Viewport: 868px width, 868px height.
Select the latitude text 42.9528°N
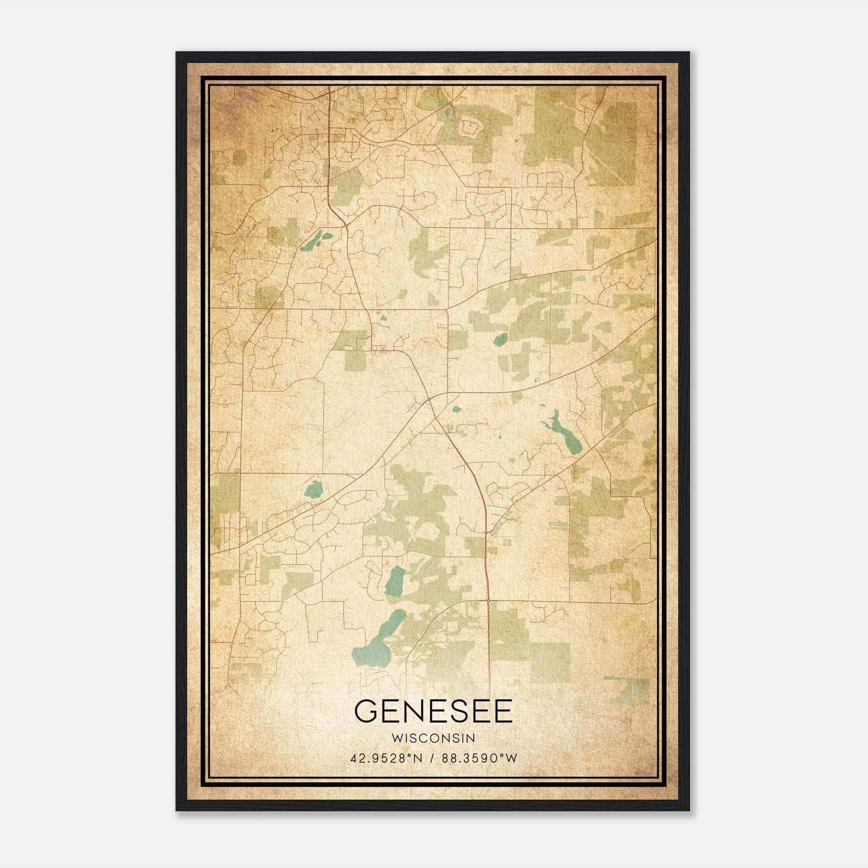click(386, 758)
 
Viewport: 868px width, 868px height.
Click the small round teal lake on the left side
click(313, 490)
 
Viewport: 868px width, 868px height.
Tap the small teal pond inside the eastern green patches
click(500, 340)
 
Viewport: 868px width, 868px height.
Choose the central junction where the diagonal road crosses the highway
click(429, 399)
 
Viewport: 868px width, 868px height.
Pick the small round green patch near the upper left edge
click(239, 157)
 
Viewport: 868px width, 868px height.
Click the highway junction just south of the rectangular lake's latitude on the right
click(488, 601)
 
